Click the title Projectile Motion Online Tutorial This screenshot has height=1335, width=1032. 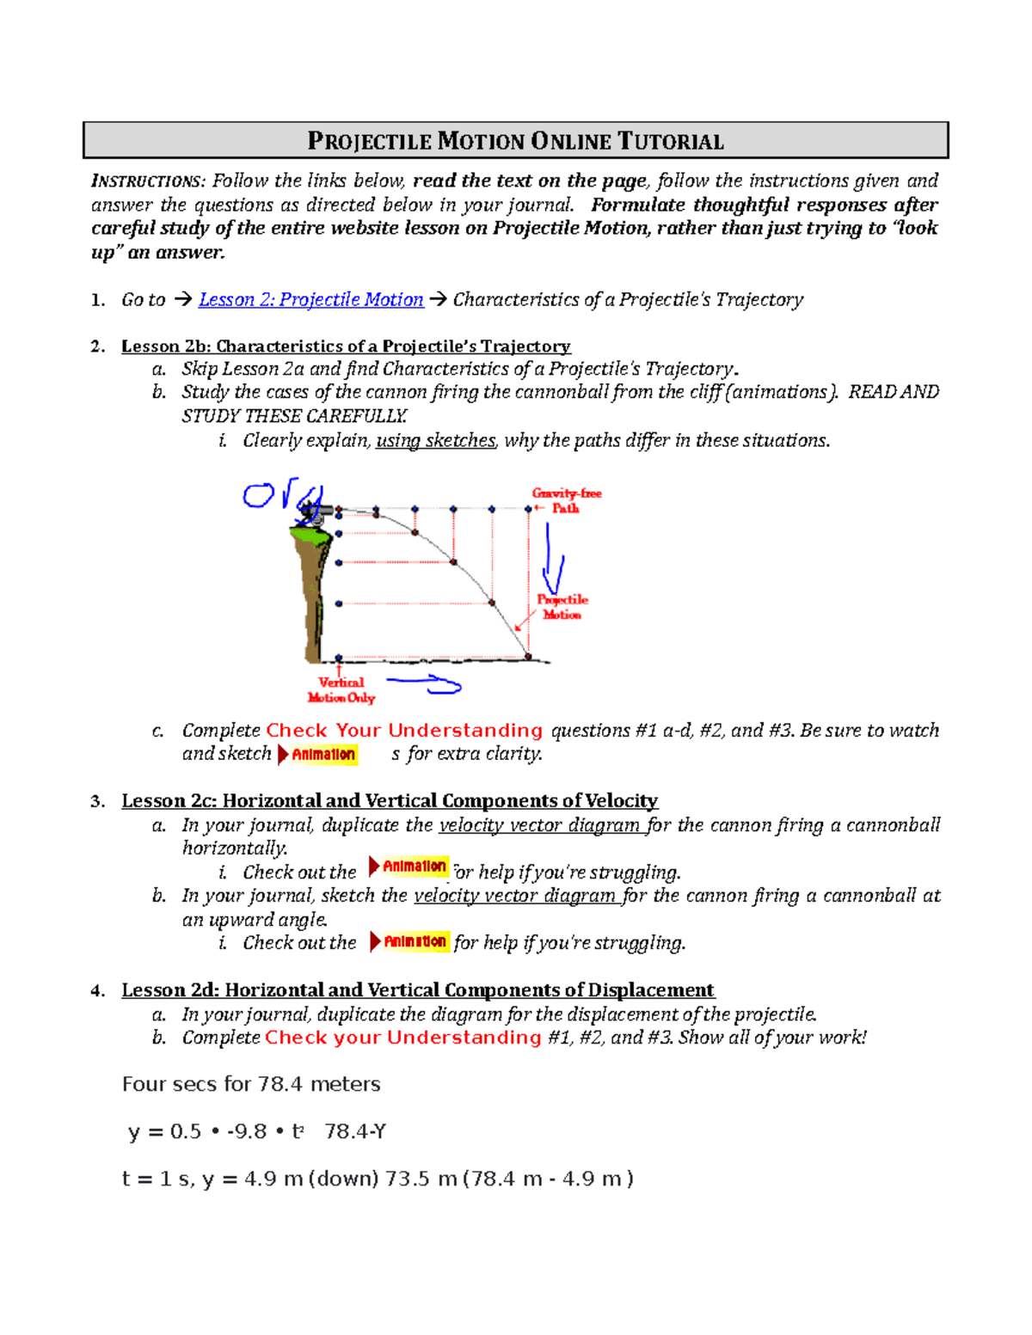tap(515, 141)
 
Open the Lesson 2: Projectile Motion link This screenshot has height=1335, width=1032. tap(310, 299)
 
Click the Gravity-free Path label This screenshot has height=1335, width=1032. tap(566, 500)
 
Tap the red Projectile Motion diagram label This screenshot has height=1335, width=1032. tap(562, 607)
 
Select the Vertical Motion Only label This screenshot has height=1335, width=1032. tap(341, 690)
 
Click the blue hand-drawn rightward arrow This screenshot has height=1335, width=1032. tap(425, 684)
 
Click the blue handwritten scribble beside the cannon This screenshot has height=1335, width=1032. tap(258, 495)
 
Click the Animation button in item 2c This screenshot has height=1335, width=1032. tap(317, 754)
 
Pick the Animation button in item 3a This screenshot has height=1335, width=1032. tap(408, 866)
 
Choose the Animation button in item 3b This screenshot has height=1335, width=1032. tap(409, 941)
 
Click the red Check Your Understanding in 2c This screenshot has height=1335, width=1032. tap(404, 730)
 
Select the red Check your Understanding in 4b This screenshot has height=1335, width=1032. tap(402, 1038)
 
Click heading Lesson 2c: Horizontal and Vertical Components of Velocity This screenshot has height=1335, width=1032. tap(390, 800)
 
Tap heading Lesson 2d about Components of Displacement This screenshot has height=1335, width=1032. tap(418, 990)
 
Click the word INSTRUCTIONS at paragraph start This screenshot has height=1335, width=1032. tap(147, 181)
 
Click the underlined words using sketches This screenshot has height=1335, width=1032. tap(435, 440)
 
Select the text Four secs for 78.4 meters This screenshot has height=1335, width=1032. tap(251, 1084)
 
